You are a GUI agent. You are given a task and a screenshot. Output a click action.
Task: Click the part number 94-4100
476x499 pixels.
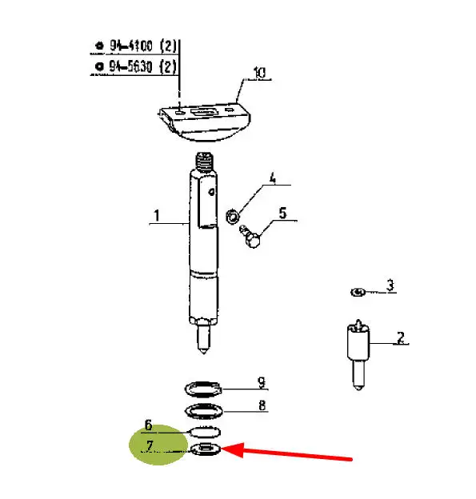pos(131,46)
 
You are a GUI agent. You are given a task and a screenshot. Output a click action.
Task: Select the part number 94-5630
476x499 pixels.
pos(130,66)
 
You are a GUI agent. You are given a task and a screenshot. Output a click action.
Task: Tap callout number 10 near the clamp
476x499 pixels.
pos(259,73)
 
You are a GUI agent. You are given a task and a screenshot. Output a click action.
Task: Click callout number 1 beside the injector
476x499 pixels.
pos(156,215)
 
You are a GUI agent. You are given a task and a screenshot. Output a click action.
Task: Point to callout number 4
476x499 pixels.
pos(273,178)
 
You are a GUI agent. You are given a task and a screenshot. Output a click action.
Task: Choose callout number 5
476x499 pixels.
pos(282,213)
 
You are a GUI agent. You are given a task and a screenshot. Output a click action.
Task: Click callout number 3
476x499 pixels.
pos(390,285)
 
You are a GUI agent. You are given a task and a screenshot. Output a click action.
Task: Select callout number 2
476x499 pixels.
pos(401,337)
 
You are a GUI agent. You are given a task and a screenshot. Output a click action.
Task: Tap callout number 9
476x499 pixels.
pos(261,382)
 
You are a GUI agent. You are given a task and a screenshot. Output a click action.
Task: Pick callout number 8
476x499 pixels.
pos(262,405)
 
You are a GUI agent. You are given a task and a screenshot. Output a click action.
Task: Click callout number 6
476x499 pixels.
pos(148,425)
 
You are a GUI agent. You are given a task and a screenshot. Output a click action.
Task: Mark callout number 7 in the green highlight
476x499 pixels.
pos(150,446)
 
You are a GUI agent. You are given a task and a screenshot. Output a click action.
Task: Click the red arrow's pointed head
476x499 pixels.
pos(222,449)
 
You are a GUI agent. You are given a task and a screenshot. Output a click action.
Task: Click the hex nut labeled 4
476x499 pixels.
pos(233,217)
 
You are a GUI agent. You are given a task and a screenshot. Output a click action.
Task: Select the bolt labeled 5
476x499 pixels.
pos(250,236)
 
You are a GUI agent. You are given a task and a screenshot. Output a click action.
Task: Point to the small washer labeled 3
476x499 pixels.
pos(358,292)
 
